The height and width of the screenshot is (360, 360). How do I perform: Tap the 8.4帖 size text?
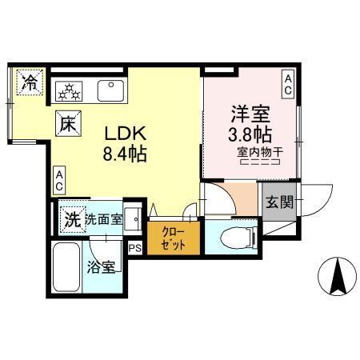click(x=124, y=153)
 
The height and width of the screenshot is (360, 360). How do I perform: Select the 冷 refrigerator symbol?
click(x=30, y=82)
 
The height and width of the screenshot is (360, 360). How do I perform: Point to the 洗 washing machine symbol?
click(x=71, y=218)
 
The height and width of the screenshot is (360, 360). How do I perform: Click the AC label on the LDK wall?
click(x=60, y=181)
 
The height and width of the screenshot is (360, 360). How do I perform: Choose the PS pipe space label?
click(x=134, y=248)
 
